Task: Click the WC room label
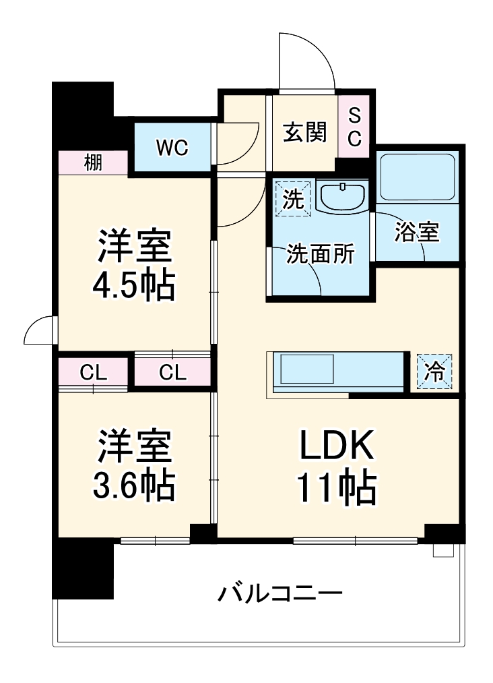coord(172,148)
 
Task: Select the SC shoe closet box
coord(354,127)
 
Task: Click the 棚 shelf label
coord(93,162)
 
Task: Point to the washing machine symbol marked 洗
coord(292,198)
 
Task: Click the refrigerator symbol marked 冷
coord(435,371)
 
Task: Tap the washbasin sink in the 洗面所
coord(342,197)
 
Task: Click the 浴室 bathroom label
coord(417,233)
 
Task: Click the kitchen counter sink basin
coord(307,371)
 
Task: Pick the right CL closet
coord(172,372)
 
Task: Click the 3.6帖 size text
coord(133,483)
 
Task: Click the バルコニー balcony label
coord(280,594)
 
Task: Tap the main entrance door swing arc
coord(307,59)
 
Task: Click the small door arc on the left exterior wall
coord(39,330)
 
